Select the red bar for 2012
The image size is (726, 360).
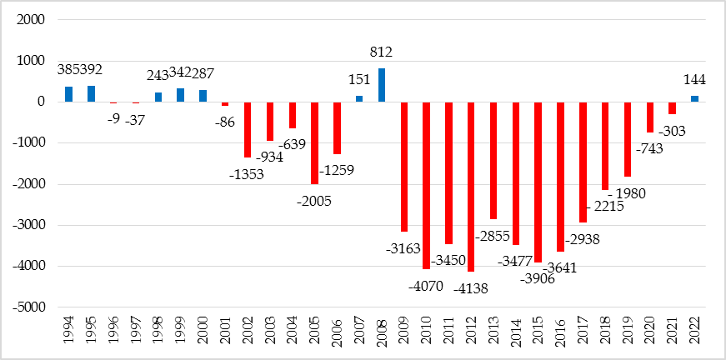pos(471,187)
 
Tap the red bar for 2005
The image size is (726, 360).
pos(314,142)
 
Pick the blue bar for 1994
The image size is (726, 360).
pos(68,94)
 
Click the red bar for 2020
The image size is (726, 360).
pos(650,117)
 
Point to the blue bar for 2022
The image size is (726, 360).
pos(694,99)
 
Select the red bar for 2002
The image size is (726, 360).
pos(248,129)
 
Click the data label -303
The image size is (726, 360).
pos(672,131)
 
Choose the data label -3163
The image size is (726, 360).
pos(403,247)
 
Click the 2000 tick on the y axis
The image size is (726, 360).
pos(29,19)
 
